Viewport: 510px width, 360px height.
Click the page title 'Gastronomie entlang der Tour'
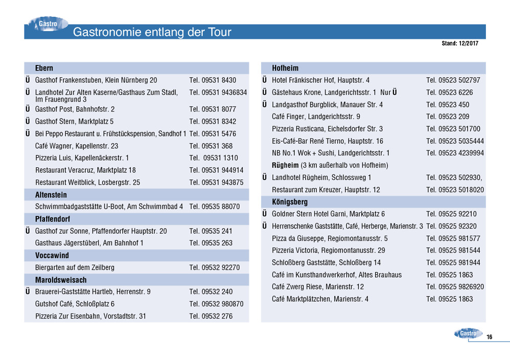point(152,32)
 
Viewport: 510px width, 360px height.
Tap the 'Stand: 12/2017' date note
point(460,43)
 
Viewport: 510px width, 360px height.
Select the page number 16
point(489,337)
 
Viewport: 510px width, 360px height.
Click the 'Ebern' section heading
point(44,68)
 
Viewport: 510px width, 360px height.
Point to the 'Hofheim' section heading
point(285,68)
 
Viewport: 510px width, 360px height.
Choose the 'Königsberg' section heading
point(290,202)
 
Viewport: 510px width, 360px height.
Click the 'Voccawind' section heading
point(52,255)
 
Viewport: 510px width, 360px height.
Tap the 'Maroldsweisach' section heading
point(61,280)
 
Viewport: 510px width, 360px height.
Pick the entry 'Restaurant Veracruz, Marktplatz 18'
point(85,170)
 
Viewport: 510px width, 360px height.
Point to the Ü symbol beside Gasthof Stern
point(28,121)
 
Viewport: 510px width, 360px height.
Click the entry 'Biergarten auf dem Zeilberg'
point(75,267)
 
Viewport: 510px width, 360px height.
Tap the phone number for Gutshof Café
point(216,304)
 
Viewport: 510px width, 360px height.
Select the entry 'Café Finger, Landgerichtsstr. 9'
point(316,117)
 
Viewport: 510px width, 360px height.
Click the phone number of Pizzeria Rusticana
point(453,129)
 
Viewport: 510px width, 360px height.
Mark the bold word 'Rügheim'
point(285,165)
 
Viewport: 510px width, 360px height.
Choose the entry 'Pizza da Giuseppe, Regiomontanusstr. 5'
point(330,238)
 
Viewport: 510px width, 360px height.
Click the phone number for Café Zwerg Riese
point(455,287)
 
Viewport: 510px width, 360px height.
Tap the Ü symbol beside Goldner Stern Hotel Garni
point(265,214)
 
